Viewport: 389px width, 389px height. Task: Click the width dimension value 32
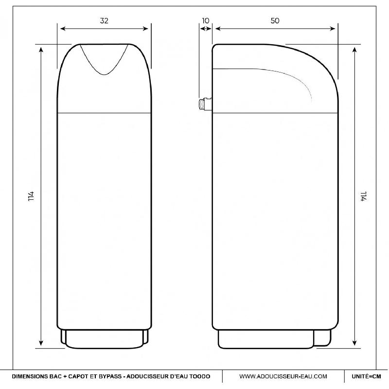104,20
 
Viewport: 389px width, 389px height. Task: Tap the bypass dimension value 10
206,20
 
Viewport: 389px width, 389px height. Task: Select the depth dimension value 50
275,20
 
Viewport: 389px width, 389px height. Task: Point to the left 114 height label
31,196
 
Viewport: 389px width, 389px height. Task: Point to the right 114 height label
364,196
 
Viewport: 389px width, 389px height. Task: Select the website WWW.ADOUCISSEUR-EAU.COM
283,376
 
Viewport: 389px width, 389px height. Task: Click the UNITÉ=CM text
366,376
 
